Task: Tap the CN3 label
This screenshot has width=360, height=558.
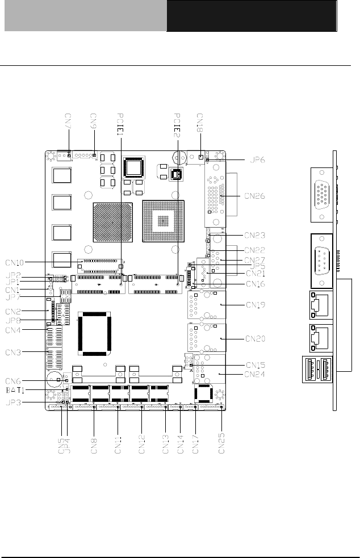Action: point(14,353)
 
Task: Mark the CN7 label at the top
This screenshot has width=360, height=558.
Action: point(68,122)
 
